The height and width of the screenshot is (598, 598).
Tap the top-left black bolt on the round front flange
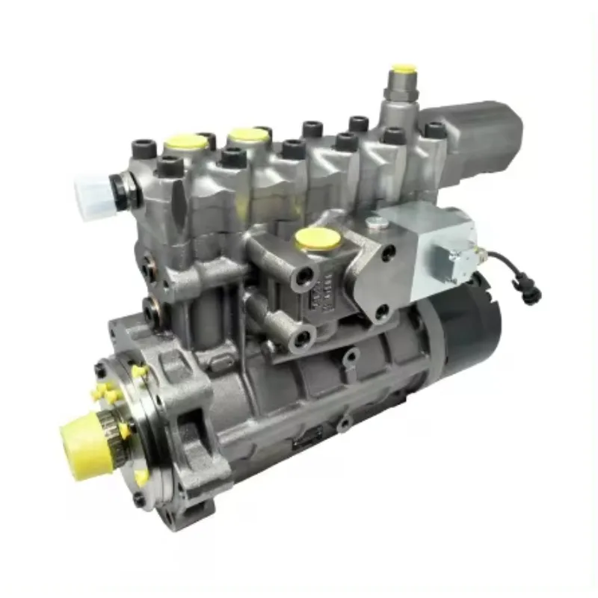click(100, 370)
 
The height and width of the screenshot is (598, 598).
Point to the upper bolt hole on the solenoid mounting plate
click(388, 253)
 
